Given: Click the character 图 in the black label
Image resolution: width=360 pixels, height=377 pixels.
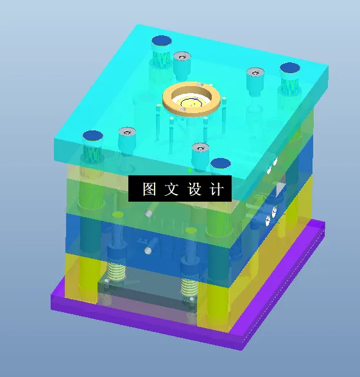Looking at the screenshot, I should (150, 189).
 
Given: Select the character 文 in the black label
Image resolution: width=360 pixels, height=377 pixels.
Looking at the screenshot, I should (172, 189).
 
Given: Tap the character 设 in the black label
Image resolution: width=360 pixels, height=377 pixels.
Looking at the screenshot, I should (194, 189).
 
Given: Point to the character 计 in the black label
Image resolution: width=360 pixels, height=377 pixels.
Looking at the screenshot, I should (217, 189).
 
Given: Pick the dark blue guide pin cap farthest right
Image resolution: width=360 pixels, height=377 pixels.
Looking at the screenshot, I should (289, 67).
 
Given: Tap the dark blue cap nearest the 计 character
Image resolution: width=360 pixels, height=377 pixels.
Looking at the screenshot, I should (220, 163).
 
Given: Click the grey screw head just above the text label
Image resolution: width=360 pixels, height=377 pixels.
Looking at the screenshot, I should (200, 148).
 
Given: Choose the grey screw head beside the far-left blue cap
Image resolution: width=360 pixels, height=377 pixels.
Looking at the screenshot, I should (126, 132).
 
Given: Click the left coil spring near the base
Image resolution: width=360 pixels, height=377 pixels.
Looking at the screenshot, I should (116, 277).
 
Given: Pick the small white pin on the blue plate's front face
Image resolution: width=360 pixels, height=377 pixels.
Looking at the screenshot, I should (148, 249).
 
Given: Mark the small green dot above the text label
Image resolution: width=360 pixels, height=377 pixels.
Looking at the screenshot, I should (191, 171).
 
